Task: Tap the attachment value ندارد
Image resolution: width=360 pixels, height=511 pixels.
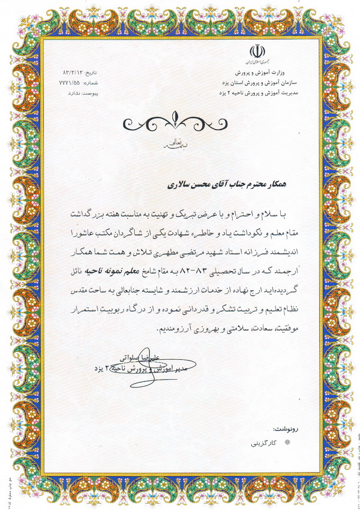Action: (x=75, y=94)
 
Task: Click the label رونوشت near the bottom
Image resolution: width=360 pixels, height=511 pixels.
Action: (x=285, y=430)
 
